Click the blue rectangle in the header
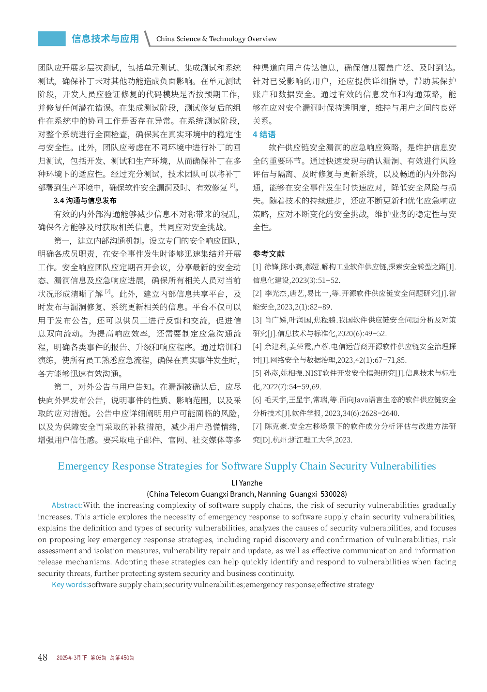52,39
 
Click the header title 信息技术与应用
105,39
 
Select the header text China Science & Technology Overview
216,39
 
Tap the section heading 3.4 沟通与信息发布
85,201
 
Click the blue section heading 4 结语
264,134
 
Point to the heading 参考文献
269,254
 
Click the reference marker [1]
257,267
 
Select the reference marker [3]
257,320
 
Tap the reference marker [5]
257,373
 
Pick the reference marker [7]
257,427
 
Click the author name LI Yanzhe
247,483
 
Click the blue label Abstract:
67,505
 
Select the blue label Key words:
70,585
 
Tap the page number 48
43,657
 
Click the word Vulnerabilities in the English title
403,466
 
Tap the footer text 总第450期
122,658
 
